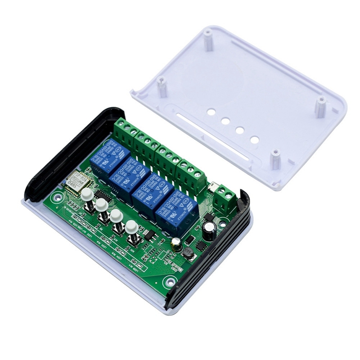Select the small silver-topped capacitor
[x=177, y=244]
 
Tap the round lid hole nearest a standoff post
[x=255, y=140]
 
